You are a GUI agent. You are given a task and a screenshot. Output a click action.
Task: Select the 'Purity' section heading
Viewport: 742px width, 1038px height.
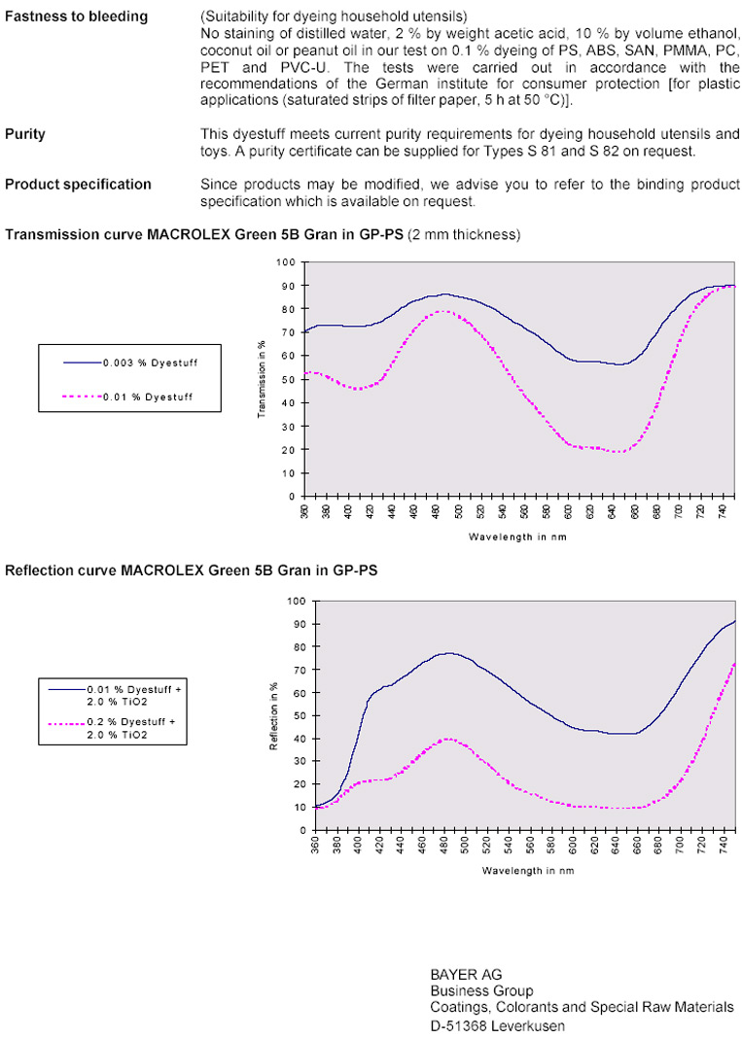25,135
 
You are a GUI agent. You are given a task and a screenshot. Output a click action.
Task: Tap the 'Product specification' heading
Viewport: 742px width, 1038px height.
78,184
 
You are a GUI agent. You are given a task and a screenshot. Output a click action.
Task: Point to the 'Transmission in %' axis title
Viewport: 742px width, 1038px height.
262,379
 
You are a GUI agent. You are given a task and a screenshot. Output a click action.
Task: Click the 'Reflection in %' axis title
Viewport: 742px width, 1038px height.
273,715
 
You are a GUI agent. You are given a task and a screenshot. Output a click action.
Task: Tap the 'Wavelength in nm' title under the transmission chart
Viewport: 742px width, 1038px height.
517,536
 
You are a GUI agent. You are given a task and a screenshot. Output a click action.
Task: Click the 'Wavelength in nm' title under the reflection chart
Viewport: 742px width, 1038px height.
528,870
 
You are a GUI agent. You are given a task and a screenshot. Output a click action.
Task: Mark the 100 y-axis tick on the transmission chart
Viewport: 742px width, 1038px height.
286,262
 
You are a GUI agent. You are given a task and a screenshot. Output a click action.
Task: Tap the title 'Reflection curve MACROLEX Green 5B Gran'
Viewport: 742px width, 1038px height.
192,571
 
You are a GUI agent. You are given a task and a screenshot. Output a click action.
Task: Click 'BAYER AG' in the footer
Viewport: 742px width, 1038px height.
466,974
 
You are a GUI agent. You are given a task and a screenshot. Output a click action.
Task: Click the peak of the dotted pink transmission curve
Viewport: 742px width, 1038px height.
444,311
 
